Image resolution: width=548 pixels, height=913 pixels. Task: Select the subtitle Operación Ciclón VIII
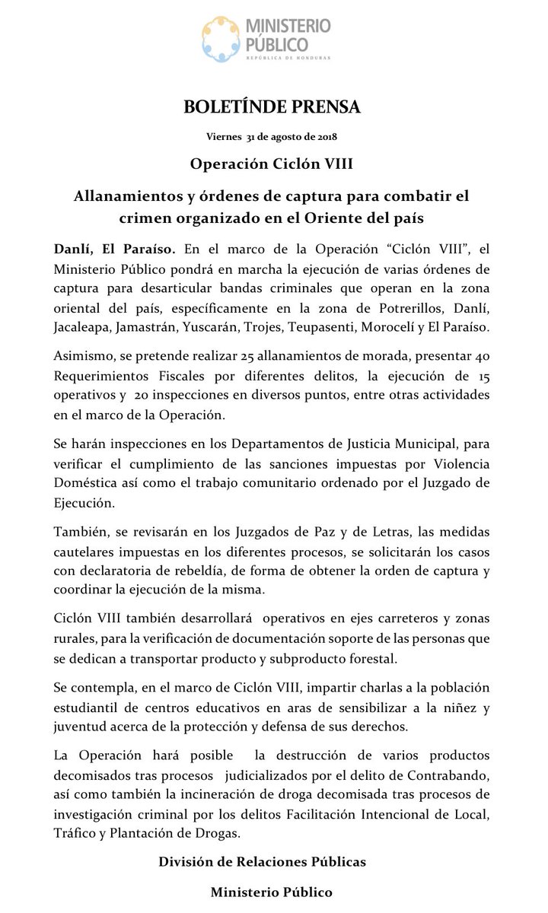(x=272, y=164)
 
